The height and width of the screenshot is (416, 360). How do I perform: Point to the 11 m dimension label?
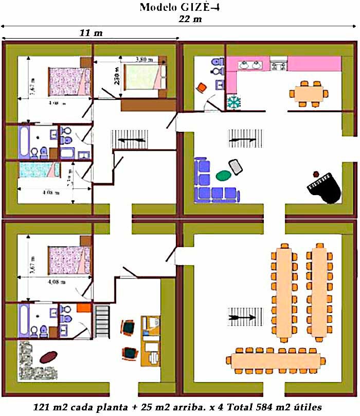91,33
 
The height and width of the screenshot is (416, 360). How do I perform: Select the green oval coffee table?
223,176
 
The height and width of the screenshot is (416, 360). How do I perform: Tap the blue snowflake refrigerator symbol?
234,101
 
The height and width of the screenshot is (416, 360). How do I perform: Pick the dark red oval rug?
47,356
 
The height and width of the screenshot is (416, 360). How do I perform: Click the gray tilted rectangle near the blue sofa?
236,166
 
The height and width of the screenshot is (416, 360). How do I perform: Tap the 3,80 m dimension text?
145,60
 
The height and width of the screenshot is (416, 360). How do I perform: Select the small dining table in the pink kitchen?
309,93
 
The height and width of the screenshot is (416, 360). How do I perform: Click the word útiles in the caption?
307,407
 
